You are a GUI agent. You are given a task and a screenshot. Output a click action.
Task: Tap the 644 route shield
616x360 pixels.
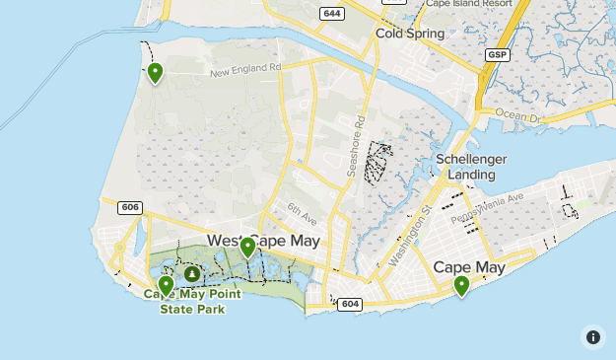click(331, 13)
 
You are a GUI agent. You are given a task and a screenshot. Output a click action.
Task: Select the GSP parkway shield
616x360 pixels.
click(497, 55)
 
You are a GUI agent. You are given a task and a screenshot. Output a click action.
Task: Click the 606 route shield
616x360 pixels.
click(129, 207)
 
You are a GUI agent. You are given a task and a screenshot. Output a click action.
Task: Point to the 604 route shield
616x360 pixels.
click(350, 304)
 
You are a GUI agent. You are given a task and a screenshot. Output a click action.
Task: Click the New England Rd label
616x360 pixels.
click(244, 71)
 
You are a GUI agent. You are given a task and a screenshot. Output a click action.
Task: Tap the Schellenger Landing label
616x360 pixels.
click(471, 167)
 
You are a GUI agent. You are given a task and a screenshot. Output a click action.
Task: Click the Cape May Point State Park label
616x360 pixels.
click(192, 301)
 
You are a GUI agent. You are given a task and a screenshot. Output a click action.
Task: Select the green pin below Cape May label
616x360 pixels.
click(461, 285)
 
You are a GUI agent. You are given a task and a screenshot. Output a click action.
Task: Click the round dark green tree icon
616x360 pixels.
click(192, 274)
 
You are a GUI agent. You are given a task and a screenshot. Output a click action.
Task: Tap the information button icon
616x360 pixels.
click(593, 337)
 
